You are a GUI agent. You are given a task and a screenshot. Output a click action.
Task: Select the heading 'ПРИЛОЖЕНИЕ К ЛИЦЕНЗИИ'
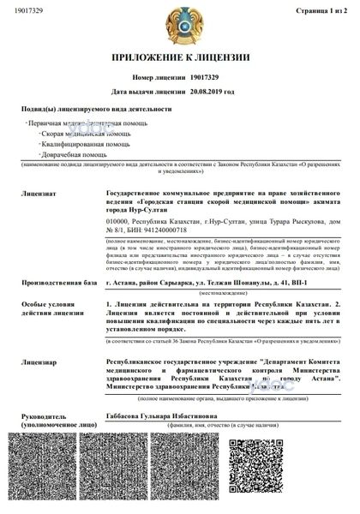[180, 58]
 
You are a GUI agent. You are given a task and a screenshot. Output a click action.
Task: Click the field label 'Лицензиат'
[39, 182]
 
